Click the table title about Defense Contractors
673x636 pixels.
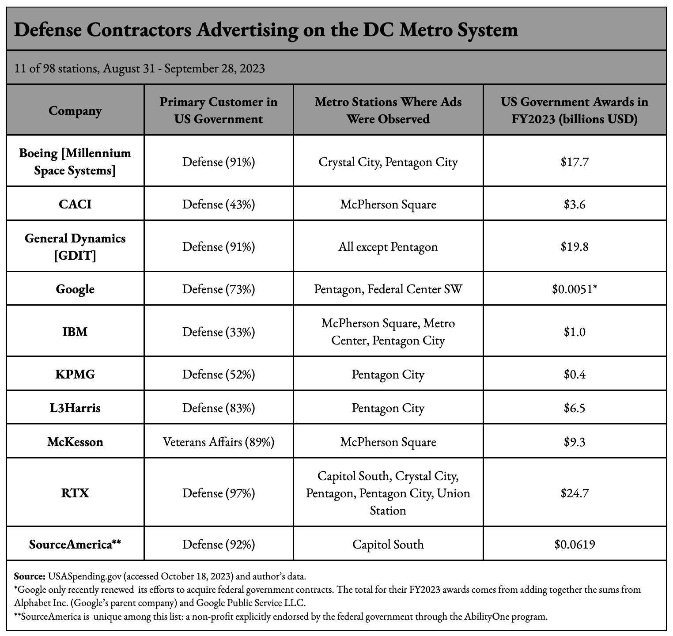(266, 30)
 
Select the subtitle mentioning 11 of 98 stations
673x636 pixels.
(140, 68)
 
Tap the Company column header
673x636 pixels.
(75, 110)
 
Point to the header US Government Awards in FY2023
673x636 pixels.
(574, 110)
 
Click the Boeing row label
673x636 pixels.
(75, 162)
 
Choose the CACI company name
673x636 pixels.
(75, 204)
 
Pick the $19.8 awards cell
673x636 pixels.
(574, 246)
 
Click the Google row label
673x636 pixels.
(75, 289)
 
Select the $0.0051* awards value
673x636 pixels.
(574, 289)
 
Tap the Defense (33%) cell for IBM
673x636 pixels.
(219, 331)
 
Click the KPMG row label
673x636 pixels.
(75, 374)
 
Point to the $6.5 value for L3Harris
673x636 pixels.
(574, 408)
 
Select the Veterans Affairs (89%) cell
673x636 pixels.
(219, 442)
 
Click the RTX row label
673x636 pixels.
(75, 492)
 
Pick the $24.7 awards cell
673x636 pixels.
(574, 492)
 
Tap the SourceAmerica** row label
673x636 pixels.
(75, 544)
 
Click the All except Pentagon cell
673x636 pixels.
(388, 246)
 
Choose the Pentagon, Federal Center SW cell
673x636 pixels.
(388, 289)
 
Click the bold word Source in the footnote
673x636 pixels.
(29, 576)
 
